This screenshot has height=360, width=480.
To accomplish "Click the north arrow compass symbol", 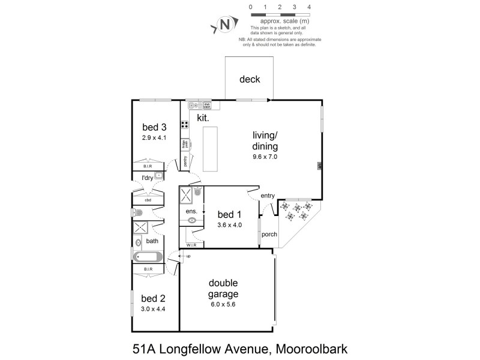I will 224,25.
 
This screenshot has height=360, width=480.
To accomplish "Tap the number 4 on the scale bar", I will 309,7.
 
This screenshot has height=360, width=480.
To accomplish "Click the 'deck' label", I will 250,79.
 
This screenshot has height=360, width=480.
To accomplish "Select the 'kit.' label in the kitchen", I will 203,118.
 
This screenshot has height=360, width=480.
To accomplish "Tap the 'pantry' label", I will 185,160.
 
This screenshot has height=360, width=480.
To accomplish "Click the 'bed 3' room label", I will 154,127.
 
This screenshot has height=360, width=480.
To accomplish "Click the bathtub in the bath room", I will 148,257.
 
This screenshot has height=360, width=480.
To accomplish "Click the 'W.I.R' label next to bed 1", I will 192,245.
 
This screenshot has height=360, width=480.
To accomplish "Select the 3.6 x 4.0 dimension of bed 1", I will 229,226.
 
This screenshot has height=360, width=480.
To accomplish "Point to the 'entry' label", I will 267,196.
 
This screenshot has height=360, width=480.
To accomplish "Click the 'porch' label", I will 269,234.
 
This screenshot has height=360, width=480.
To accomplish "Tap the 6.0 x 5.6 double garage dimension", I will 223,304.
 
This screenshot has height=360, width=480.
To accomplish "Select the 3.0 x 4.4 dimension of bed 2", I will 153,309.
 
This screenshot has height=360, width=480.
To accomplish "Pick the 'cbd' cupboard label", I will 147,200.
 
